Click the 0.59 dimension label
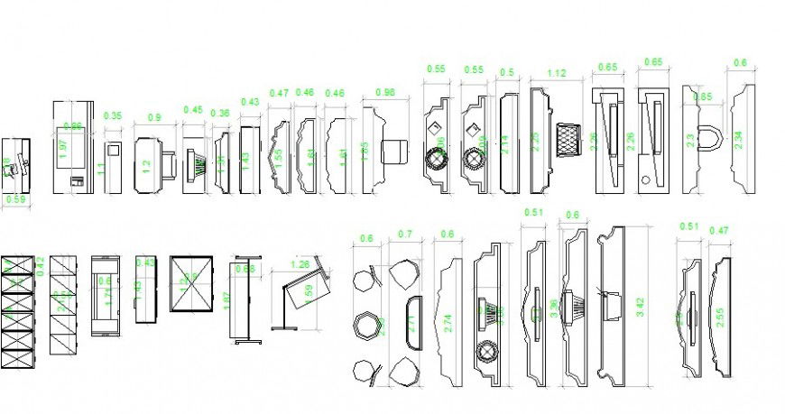pos(16,199)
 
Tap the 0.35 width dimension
pos(113,116)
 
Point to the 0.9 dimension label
pos(154,117)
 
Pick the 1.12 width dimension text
pos(556,73)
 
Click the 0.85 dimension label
pos(704,97)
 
